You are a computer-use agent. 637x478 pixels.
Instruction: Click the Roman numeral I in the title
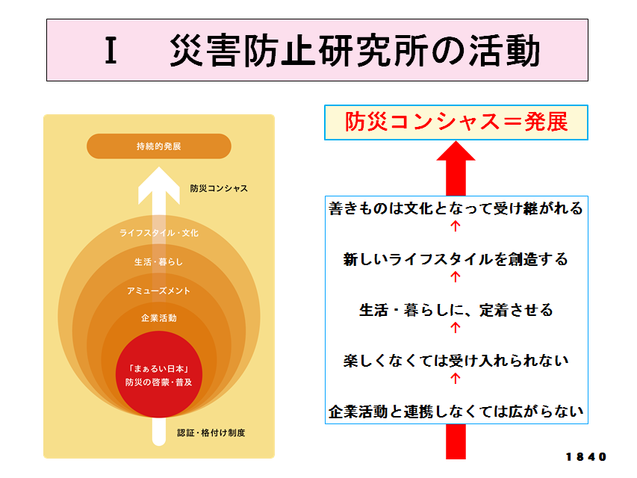(111, 50)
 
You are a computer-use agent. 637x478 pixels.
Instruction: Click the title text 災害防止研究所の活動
(355, 50)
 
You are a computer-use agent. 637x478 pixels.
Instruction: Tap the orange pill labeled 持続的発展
(159, 146)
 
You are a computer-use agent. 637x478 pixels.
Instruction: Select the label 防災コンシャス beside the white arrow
(219, 188)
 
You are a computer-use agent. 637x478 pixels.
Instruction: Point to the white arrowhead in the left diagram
(159, 185)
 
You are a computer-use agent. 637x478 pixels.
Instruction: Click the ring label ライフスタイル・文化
(159, 233)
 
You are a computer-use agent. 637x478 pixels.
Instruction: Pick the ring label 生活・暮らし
(159, 262)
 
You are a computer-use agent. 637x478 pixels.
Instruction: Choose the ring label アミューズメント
(159, 291)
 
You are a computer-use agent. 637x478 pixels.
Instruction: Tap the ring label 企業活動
(159, 318)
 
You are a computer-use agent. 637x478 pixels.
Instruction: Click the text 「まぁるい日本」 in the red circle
(159, 369)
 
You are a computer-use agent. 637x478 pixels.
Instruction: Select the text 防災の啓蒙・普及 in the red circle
(159, 382)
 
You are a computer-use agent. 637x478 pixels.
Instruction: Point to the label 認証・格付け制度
(211, 433)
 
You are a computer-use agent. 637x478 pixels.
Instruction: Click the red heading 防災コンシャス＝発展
(456, 122)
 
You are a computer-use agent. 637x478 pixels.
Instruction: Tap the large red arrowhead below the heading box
(456, 150)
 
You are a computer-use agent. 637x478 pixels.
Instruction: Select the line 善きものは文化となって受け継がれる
(456, 208)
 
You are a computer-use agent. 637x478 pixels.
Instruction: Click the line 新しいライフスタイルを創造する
(456, 259)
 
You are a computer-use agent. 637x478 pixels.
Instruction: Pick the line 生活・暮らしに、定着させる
(456, 310)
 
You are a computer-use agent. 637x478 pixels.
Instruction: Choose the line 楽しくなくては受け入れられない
(456, 361)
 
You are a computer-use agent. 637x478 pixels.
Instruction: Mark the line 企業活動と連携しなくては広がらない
(456, 412)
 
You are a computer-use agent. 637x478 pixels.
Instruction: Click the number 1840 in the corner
(586, 457)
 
